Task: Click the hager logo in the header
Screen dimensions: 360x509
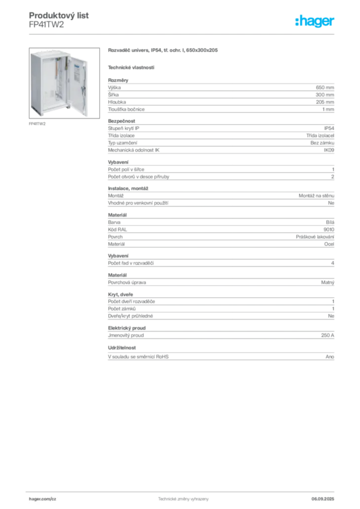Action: pyautogui.click(x=315, y=21)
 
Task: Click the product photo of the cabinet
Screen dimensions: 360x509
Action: pyautogui.click(x=64, y=83)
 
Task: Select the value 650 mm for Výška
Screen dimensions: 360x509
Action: pyautogui.click(x=325, y=87)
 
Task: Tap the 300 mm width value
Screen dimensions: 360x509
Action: pyautogui.click(x=325, y=95)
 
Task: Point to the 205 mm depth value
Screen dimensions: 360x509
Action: pyautogui.click(x=325, y=102)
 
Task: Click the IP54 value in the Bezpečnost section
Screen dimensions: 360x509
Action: pyautogui.click(x=329, y=128)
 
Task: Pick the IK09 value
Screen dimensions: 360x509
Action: pyautogui.click(x=329, y=150)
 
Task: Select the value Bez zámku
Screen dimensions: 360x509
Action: pyautogui.click(x=322, y=143)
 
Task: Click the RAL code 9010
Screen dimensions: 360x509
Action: pyautogui.click(x=329, y=230)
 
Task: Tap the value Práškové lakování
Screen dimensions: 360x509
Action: pyautogui.click(x=315, y=237)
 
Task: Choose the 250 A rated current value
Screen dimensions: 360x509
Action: pyautogui.click(x=328, y=336)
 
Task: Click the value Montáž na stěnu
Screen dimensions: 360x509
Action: pyautogui.click(x=316, y=196)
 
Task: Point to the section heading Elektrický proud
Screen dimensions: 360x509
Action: pyautogui.click(x=127, y=328)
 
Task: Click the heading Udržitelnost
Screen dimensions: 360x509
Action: pyautogui.click(x=122, y=347)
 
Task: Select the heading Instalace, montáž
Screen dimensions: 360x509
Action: pyautogui.click(x=128, y=188)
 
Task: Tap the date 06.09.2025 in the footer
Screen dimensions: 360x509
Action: pyautogui.click(x=323, y=499)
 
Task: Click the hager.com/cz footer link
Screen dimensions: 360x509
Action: pyautogui.click(x=43, y=499)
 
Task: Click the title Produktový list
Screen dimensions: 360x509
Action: pyautogui.click(x=59, y=15)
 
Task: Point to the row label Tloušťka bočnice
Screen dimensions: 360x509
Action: pyautogui.click(x=126, y=109)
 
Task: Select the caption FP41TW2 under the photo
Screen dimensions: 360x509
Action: pyautogui.click(x=37, y=124)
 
